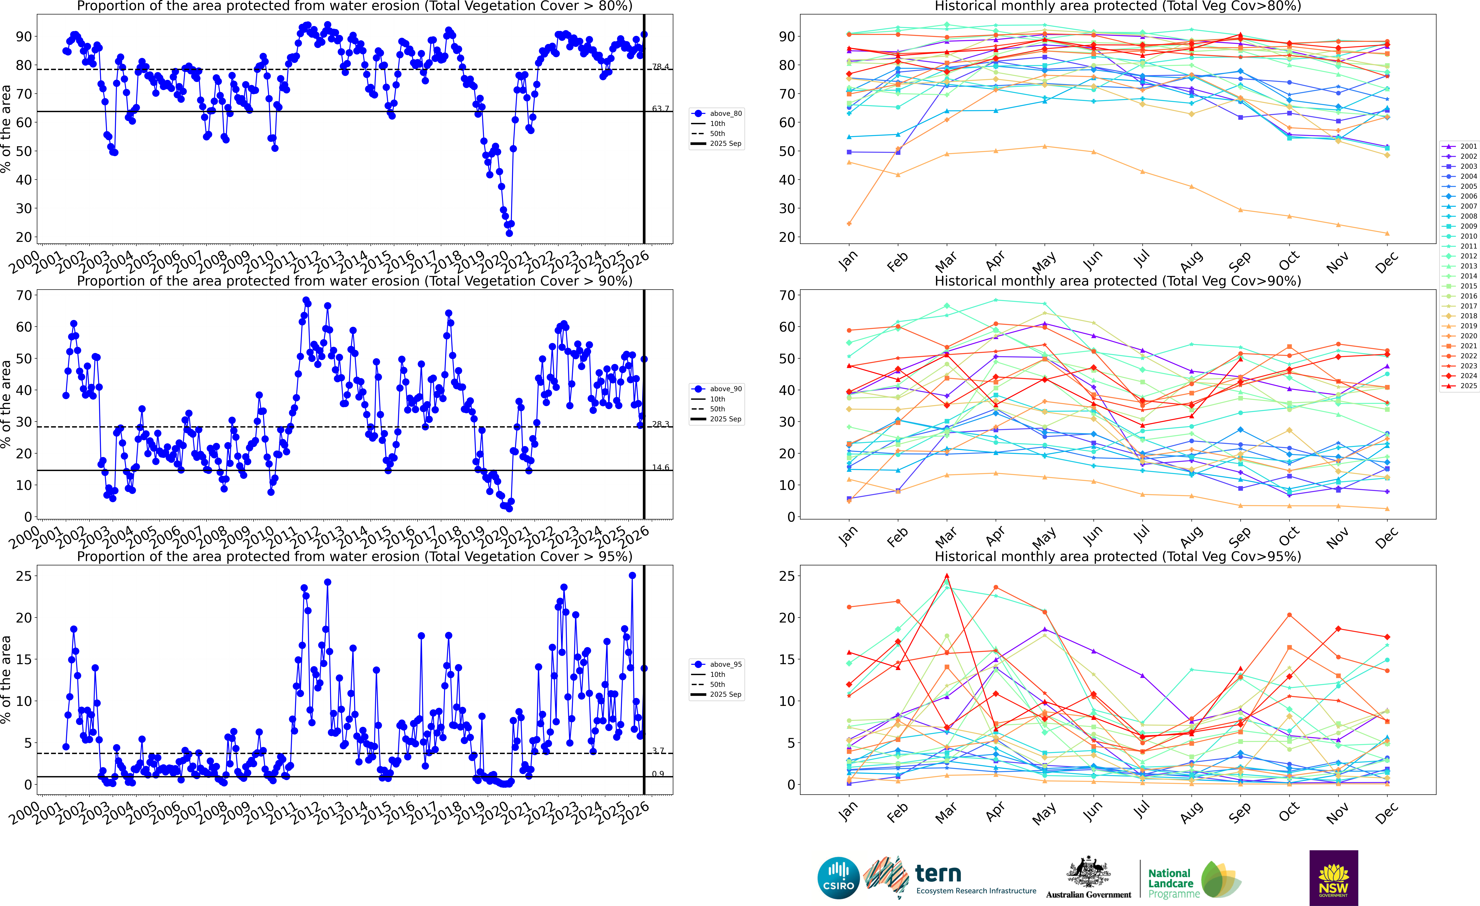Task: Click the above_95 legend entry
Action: coord(726,664)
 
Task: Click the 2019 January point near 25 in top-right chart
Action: coord(849,223)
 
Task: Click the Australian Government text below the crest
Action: coord(1088,895)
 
